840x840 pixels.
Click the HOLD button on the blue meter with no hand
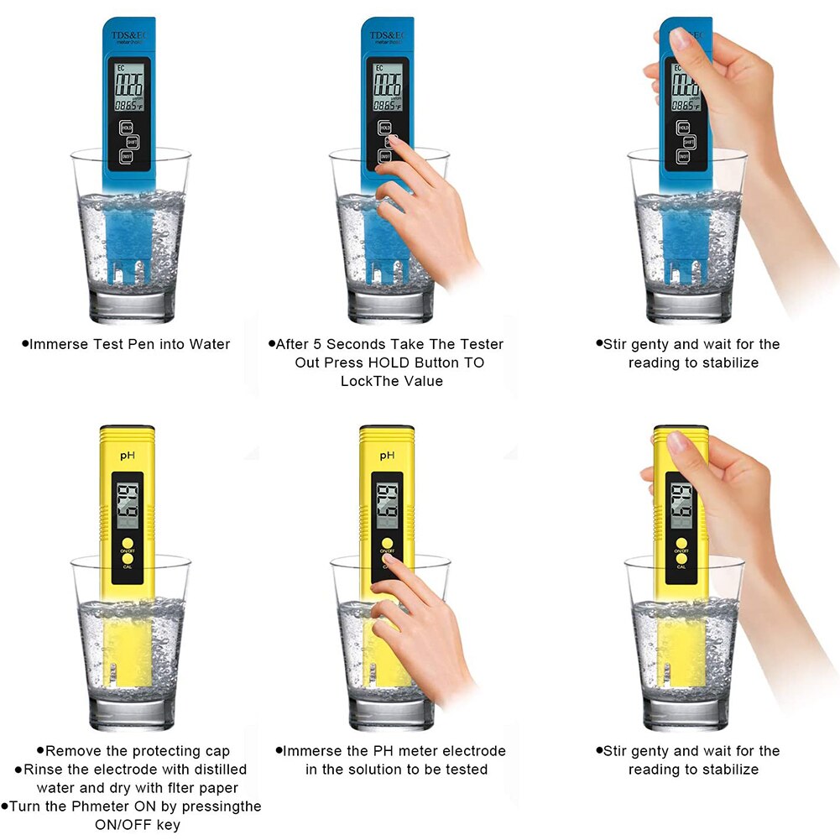tap(126, 128)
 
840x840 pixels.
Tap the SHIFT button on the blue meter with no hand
tap(132, 142)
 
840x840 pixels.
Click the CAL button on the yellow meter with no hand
tap(127, 560)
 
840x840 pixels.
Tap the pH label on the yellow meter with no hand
tap(128, 455)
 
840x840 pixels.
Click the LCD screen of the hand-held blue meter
tap(685, 87)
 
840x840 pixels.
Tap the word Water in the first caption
tap(209, 344)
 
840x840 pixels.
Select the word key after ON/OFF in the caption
tap(167, 825)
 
